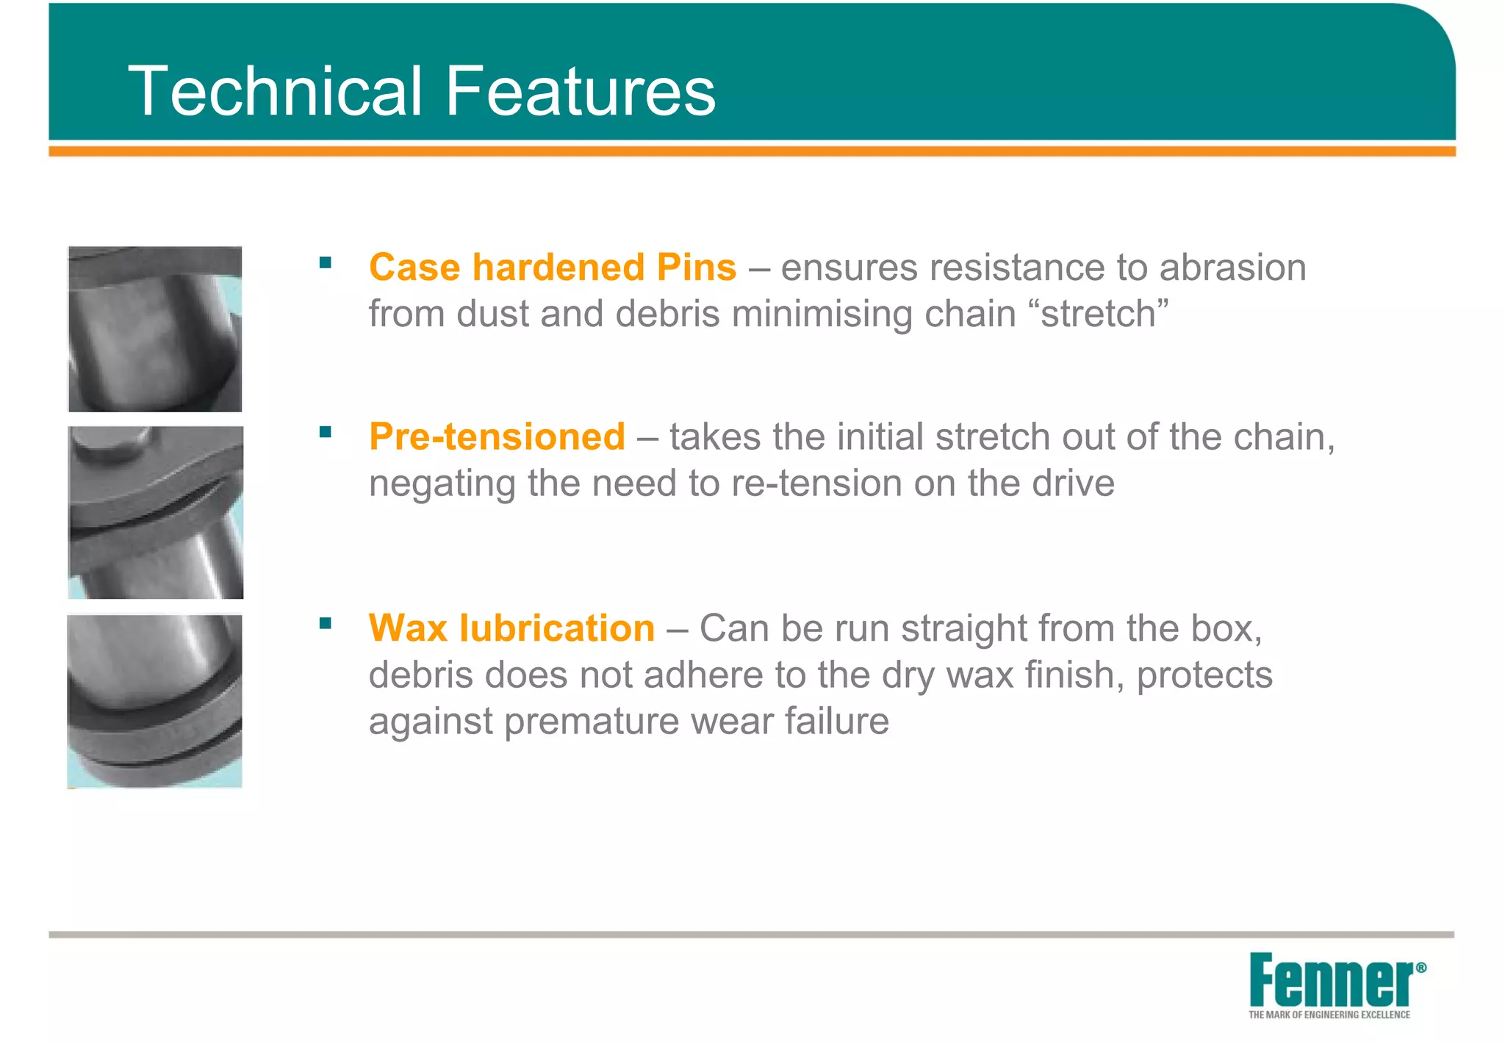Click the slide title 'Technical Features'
tap(422, 90)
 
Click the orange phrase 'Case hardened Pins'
tap(553, 267)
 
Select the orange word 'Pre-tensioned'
tap(498, 436)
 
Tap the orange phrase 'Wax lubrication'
tap(511, 628)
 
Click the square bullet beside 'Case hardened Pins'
tap(326, 262)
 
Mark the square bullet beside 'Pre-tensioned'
tap(326, 432)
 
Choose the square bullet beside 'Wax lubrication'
tap(326, 624)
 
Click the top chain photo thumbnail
tap(155, 328)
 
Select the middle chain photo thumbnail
tap(156, 512)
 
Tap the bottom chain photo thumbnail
tap(155, 701)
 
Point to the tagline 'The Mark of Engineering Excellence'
tap(1329, 1015)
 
